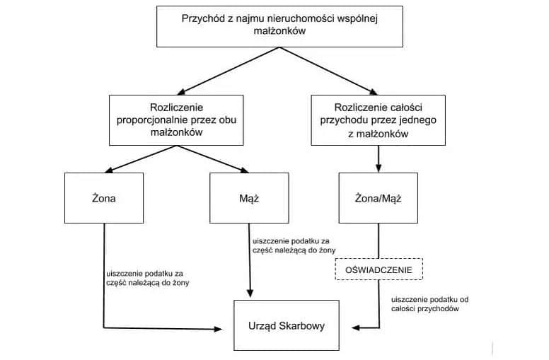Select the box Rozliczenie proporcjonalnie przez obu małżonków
176,120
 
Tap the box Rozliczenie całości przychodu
378,120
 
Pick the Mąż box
249,198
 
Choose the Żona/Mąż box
378,198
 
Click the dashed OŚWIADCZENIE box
378,269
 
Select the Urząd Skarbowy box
283,326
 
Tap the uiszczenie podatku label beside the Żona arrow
146,278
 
